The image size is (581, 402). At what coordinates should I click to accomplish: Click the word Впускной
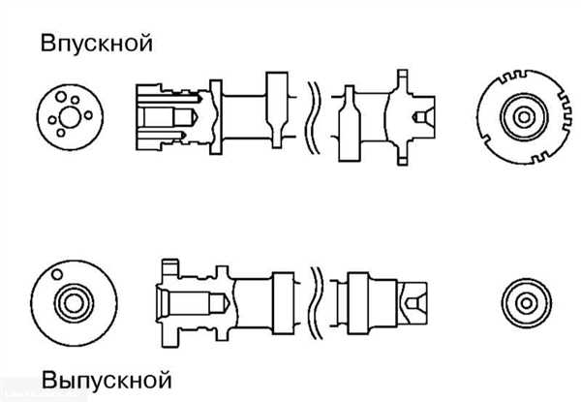click(96, 44)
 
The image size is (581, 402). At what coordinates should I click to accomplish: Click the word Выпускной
click(107, 380)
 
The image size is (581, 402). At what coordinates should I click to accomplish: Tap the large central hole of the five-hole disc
click(70, 117)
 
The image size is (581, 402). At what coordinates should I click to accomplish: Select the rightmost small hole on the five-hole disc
click(88, 115)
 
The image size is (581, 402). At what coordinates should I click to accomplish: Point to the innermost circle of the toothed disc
click(524, 117)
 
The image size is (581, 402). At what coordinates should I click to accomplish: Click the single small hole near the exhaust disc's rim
click(57, 274)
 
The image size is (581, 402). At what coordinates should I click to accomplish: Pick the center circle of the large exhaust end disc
click(74, 303)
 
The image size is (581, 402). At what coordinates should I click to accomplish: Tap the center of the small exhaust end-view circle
click(527, 303)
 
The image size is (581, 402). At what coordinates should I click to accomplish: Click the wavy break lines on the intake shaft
click(314, 117)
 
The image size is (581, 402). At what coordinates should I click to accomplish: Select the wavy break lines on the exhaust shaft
click(316, 303)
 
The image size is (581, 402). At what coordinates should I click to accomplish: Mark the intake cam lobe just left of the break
click(277, 110)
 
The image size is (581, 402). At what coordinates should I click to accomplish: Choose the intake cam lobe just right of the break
click(350, 123)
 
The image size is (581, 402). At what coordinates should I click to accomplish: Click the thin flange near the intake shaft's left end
click(216, 117)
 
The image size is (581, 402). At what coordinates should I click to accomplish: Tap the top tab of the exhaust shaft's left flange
click(170, 265)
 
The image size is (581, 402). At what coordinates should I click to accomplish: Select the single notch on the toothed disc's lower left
click(486, 140)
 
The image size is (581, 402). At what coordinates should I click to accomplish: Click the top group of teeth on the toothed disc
click(513, 77)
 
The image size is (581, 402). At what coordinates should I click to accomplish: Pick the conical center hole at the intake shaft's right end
click(424, 117)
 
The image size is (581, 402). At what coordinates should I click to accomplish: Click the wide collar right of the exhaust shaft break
click(358, 303)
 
